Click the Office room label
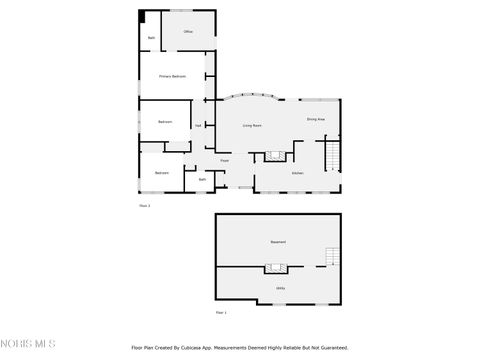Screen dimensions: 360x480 [x=187, y=32]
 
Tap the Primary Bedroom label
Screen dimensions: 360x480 [x=172, y=76]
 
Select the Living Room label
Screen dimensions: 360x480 [x=252, y=126]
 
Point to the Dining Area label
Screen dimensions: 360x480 [x=316, y=120]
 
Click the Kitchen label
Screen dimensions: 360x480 [x=297, y=173]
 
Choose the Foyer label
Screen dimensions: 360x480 [x=225, y=160]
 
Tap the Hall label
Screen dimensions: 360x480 [x=199, y=125]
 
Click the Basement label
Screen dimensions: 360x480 [x=278, y=243]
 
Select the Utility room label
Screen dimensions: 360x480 [x=280, y=288]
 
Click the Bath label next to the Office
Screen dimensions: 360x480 [x=151, y=37]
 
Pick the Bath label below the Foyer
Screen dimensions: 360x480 [x=202, y=179]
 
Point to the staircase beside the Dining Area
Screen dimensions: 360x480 [x=331, y=156]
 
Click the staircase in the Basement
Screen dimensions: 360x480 [x=331, y=256]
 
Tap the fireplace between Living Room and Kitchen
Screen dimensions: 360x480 [x=273, y=156]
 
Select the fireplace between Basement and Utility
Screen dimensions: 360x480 [x=276, y=268]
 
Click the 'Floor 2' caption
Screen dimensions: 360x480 [x=144, y=206]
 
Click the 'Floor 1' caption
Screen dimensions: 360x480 [x=220, y=313]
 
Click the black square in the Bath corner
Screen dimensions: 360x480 [x=142, y=16]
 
